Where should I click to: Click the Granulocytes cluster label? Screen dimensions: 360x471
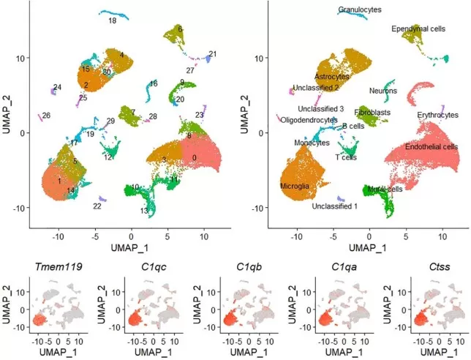pos(359,10)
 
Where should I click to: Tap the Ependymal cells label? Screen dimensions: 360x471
pos(418,29)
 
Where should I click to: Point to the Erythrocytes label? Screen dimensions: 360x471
pos(437,115)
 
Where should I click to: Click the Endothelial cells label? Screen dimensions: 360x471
pos(431,146)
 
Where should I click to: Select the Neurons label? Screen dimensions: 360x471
pos(383,91)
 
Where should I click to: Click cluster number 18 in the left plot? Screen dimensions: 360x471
pos(113,21)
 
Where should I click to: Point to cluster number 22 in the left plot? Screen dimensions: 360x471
pos(97,206)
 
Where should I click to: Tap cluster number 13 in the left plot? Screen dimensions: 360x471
pos(144,211)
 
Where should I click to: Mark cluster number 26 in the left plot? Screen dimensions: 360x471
pos(46,116)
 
